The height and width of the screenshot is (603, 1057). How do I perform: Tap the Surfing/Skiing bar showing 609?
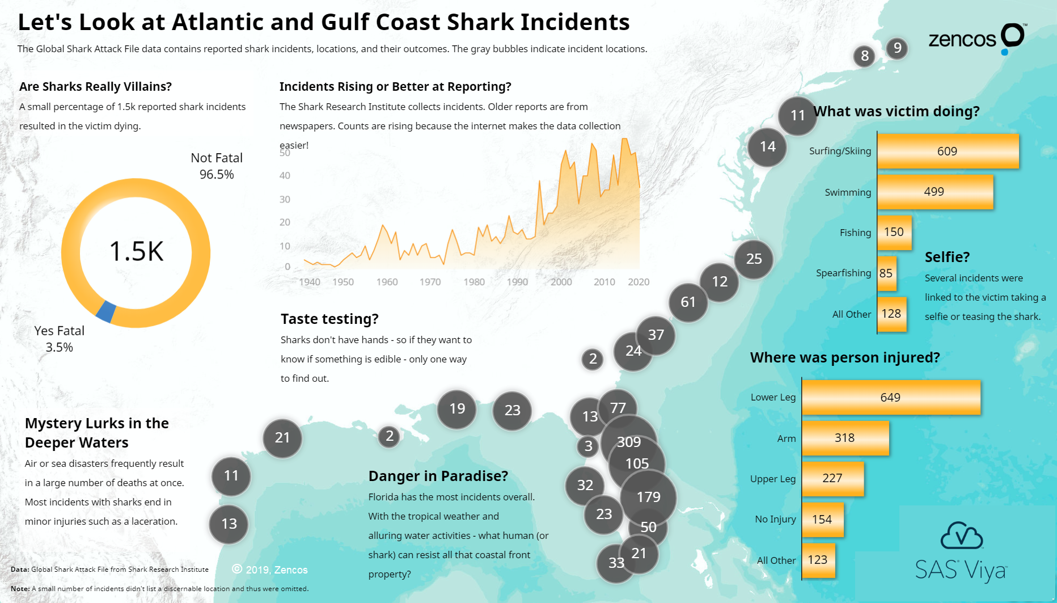(x=948, y=151)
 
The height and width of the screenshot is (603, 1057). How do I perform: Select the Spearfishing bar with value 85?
(x=886, y=273)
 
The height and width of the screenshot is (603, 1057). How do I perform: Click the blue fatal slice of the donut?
(x=106, y=311)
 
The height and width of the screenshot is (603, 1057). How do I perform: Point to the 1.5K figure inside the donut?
(x=136, y=251)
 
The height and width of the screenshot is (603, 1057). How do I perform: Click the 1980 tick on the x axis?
(x=474, y=282)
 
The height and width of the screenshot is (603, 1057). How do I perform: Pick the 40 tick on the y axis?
(x=285, y=176)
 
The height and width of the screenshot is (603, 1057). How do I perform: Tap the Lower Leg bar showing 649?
(x=890, y=397)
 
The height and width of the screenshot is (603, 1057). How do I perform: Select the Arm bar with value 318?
(x=845, y=438)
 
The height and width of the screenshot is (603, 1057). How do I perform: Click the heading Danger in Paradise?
(x=438, y=476)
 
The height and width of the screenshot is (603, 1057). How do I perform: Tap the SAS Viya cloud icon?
(x=961, y=536)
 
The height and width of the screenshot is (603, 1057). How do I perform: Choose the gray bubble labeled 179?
(x=649, y=497)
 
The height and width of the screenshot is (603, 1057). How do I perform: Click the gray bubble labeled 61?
(x=688, y=302)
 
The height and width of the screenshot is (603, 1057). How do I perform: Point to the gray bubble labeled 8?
(x=864, y=56)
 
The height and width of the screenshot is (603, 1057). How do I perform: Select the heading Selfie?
(x=947, y=257)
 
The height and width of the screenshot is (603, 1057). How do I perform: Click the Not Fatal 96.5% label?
(x=217, y=166)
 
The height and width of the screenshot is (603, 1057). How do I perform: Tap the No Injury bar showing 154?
(x=822, y=520)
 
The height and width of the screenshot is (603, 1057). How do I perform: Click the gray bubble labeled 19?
(x=457, y=409)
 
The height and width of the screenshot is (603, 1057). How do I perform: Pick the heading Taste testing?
(x=329, y=319)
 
